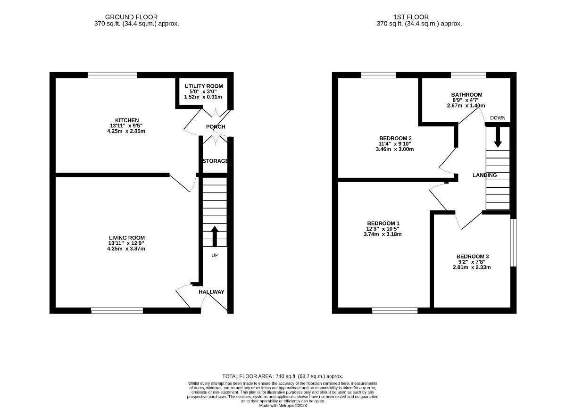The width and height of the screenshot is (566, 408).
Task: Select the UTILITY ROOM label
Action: tap(203, 86)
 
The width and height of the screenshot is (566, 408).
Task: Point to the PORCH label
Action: tap(216, 127)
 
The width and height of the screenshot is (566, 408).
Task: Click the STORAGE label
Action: tap(215, 161)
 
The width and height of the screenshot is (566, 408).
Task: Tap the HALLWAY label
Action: tap(211, 292)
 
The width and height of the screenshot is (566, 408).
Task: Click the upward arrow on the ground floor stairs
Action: tap(215, 236)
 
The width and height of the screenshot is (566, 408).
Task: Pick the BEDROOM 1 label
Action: tap(383, 223)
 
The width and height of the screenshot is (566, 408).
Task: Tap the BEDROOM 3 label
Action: tap(472, 256)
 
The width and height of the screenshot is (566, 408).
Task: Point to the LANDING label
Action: tap(484, 175)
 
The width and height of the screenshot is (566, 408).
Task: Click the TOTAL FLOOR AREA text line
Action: tap(283, 376)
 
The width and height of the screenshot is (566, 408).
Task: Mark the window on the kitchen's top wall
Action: tap(112, 75)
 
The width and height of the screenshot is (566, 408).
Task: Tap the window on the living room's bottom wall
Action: tap(117, 310)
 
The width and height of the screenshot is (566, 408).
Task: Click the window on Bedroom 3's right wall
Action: tap(514, 242)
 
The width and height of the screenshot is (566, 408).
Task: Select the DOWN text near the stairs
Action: tap(497, 117)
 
